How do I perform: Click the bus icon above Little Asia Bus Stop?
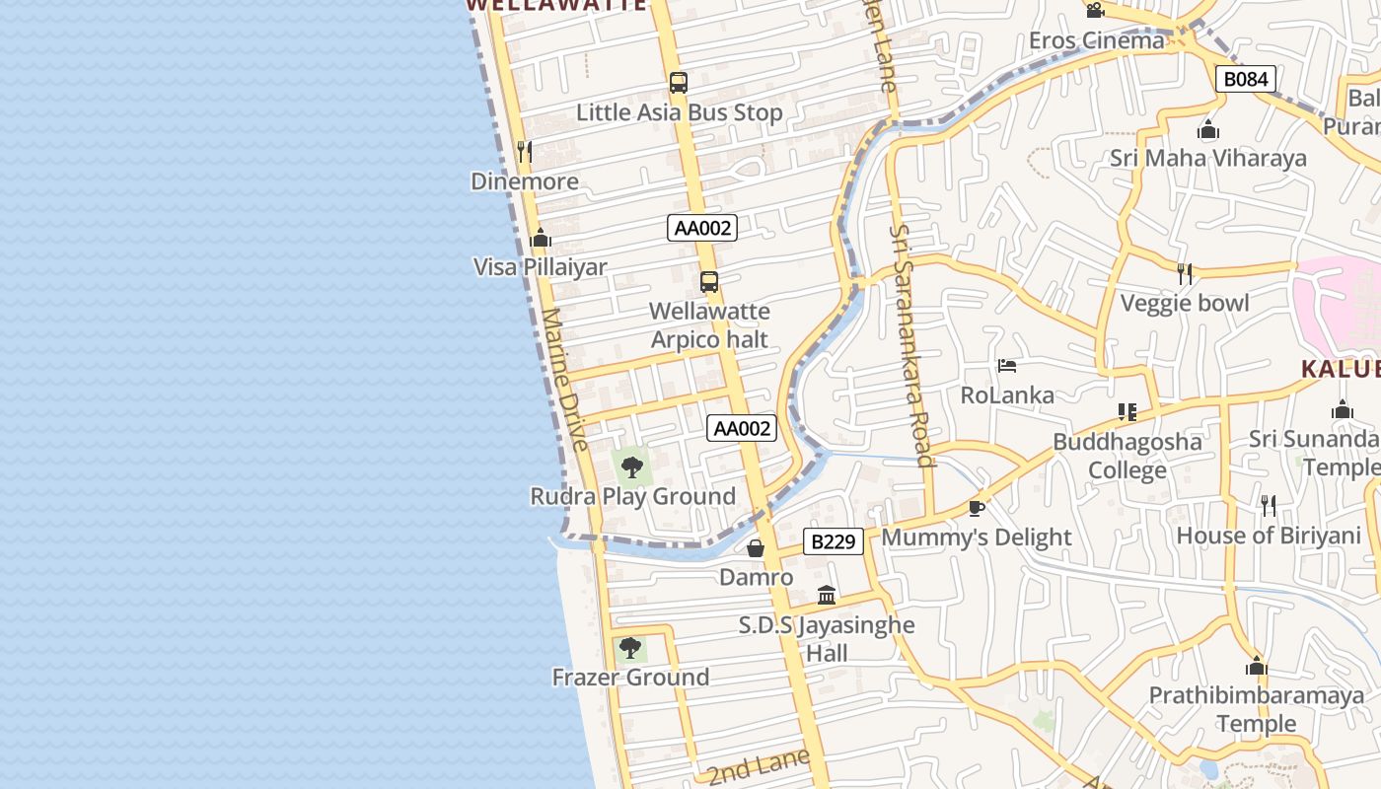click(x=678, y=83)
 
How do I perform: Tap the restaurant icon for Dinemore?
click(x=525, y=151)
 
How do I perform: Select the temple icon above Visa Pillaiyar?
click(x=540, y=238)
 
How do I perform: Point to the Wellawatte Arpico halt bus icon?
click(x=708, y=282)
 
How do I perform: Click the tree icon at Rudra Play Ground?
click(x=632, y=466)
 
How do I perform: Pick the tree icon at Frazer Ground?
click(x=630, y=648)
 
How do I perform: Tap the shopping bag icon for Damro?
click(x=756, y=548)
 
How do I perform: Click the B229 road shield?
click(x=834, y=541)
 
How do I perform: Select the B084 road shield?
click(x=1246, y=79)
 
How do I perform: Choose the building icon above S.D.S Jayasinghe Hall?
click(x=827, y=595)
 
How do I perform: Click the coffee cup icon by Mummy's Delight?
click(x=976, y=508)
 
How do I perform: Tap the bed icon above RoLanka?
click(x=1006, y=366)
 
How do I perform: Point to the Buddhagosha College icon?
click(x=1127, y=411)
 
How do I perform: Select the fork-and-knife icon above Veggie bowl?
click(x=1185, y=273)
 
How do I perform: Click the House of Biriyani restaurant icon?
click(x=1269, y=506)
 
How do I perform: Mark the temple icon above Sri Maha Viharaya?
click(x=1208, y=129)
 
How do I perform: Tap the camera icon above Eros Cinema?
click(x=1095, y=11)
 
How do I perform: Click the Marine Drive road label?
click(x=564, y=380)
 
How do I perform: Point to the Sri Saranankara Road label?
click(x=911, y=344)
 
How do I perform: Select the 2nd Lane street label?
click(x=758, y=764)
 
